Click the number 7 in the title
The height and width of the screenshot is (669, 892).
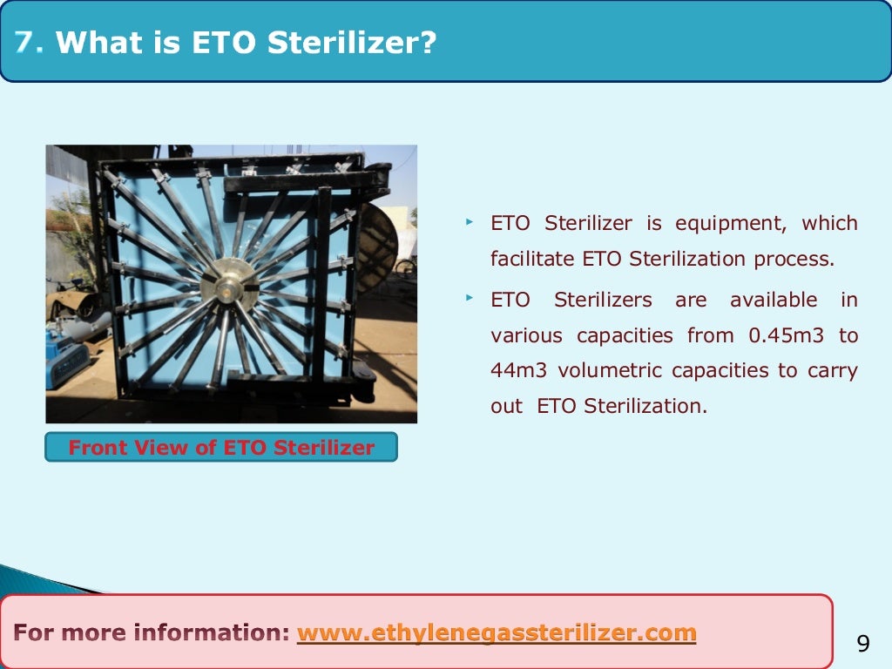(29, 42)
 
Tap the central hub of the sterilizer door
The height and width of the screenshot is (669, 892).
(233, 284)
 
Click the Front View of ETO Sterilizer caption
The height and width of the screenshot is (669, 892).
(221, 448)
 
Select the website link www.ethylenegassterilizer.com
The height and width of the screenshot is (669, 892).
(497, 632)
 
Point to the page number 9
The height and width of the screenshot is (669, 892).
(863, 644)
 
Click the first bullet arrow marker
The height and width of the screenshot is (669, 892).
(469, 223)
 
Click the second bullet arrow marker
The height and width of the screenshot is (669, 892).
(469, 300)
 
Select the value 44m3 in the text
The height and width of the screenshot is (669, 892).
(519, 371)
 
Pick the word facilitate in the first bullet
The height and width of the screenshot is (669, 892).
(531, 259)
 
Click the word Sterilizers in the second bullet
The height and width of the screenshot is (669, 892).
(603, 301)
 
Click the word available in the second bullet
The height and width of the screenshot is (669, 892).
(774, 301)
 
